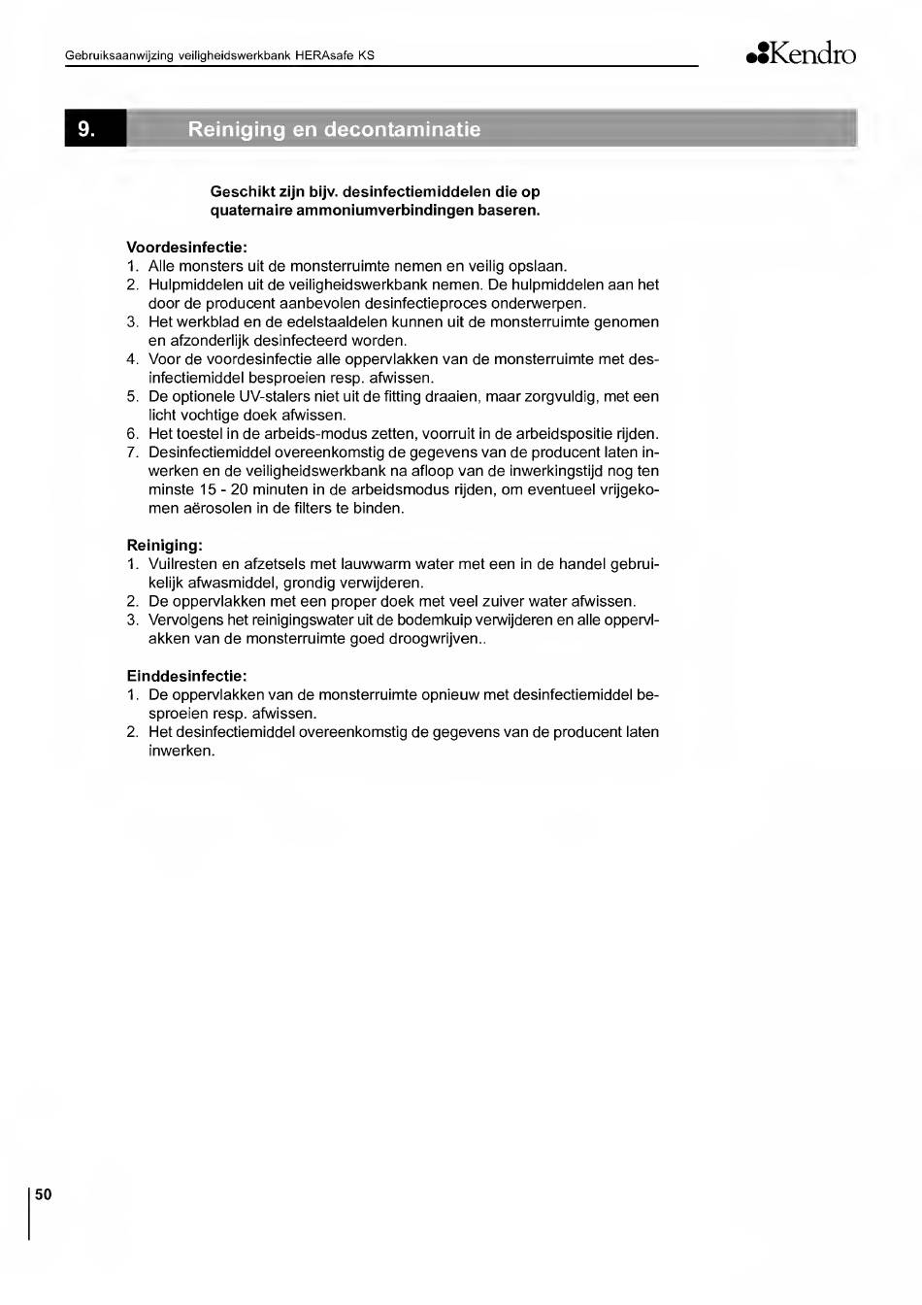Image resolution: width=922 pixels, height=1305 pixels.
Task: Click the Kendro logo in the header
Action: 802,54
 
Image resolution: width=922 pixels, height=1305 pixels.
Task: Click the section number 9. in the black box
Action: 87,129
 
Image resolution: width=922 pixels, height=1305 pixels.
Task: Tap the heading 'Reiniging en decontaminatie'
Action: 334,129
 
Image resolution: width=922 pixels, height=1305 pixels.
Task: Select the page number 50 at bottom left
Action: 43,1194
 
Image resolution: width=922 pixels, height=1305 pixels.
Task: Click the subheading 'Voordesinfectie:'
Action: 187,248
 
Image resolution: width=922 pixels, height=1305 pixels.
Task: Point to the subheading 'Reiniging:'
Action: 165,546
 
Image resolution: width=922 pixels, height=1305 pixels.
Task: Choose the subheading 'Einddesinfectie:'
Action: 187,676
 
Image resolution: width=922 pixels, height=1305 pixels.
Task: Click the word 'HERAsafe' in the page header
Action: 325,55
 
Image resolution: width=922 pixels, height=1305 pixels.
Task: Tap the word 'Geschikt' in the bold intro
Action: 241,191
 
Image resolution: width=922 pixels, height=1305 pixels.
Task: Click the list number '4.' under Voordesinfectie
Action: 133,359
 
